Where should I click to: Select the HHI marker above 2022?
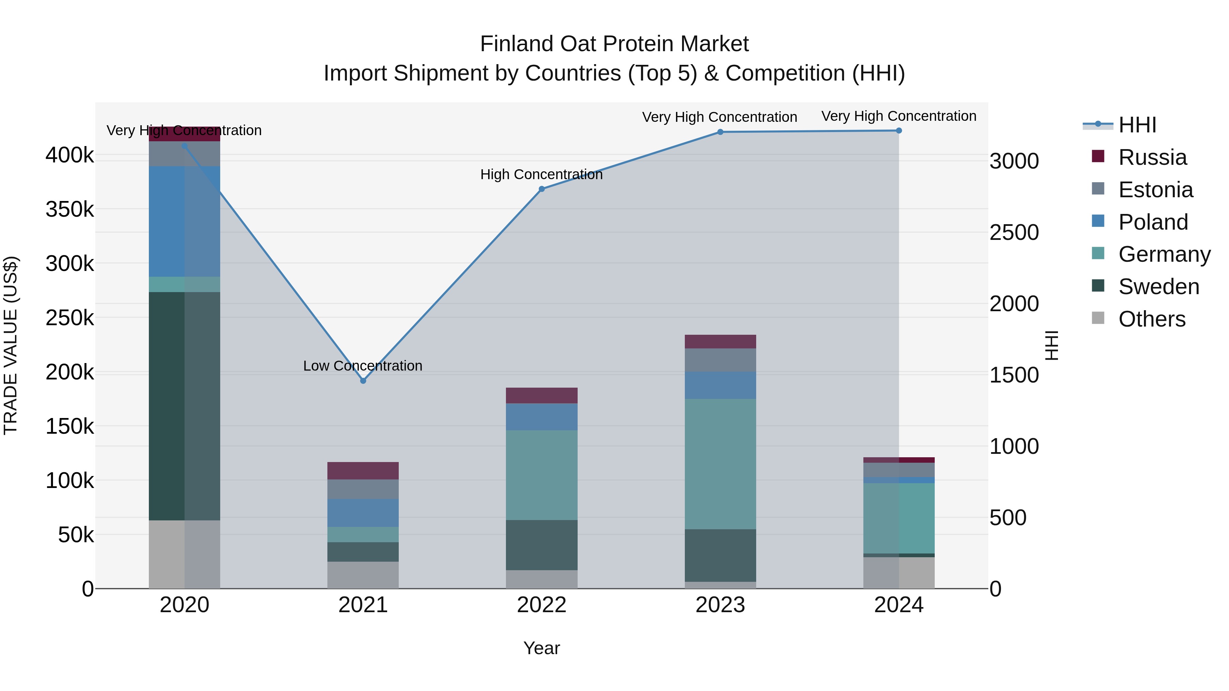tap(541, 189)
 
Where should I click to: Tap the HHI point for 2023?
tap(720, 132)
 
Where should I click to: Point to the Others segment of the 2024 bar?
tap(899, 572)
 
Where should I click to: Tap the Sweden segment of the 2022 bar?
tap(541, 545)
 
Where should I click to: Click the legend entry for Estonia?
tap(1155, 190)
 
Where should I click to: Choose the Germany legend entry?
tap(1164, 254)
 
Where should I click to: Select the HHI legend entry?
tap(1137, 125)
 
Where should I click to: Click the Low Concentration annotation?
tap(363, 366)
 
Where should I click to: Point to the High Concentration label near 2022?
tap(541, 174)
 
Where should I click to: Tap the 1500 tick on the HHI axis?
tap(1014, 375)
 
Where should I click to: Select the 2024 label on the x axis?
tap(899, 605)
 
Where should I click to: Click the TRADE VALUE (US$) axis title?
tap(11, 345)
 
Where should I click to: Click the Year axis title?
tap(541, 648)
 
